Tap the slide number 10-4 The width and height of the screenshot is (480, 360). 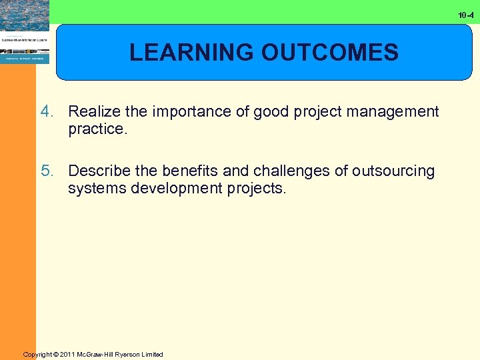pos(467,14)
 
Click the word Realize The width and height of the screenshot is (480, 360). pos(93,111)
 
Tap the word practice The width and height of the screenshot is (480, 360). pos(96,129)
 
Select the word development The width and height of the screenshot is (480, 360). pos(172,189)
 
